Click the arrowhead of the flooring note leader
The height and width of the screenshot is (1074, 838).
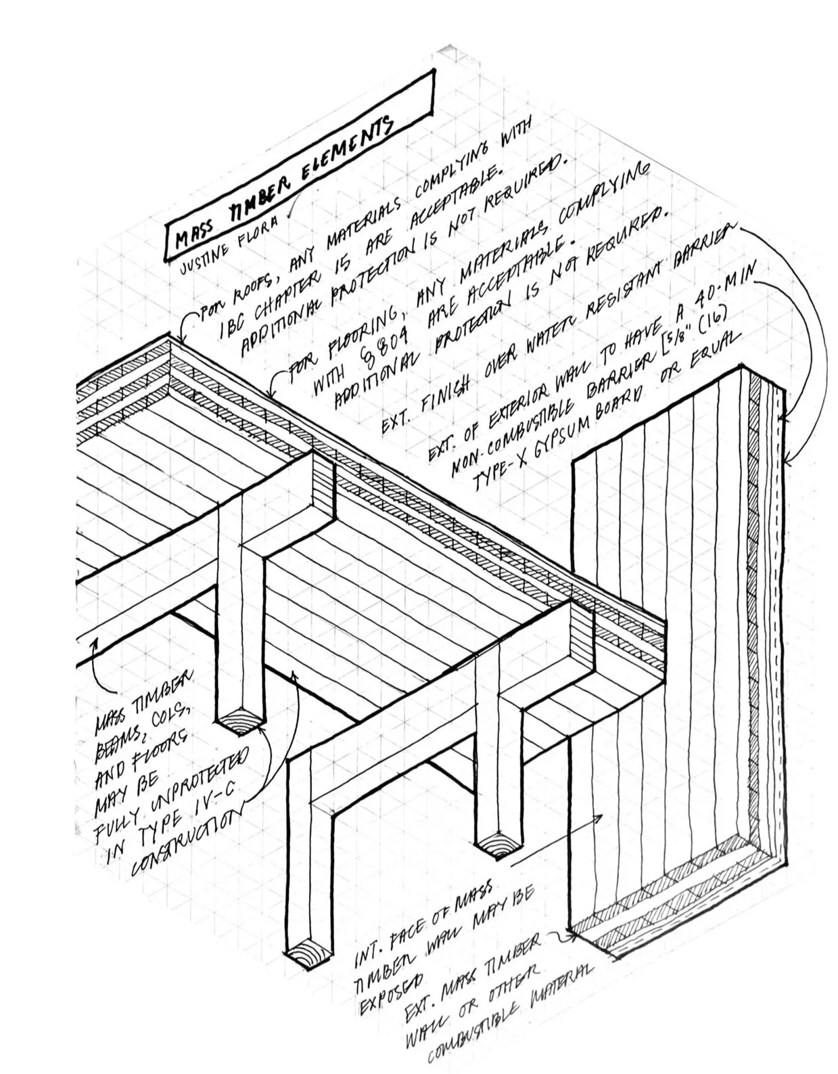coord(271,393)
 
